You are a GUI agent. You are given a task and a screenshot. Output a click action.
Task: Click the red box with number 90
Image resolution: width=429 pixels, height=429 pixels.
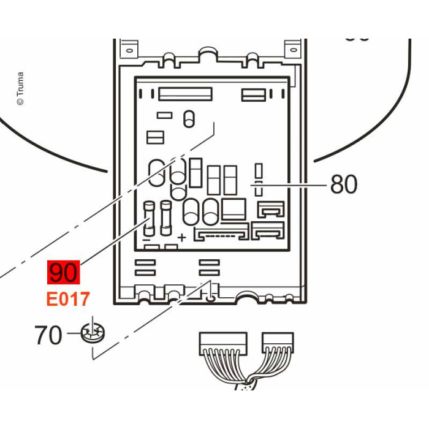point(64,272)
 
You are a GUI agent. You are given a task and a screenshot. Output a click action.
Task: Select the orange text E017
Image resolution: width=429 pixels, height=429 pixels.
point(69,300)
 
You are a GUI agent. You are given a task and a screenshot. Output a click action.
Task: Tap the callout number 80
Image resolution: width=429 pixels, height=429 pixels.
point(344,184)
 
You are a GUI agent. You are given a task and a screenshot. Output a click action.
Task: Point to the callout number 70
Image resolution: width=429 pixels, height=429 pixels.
point(48,336)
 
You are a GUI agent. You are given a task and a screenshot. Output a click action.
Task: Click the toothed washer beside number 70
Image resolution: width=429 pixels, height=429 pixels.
point(93,335)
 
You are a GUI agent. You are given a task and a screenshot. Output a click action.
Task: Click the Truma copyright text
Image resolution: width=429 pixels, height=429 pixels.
point(20,88)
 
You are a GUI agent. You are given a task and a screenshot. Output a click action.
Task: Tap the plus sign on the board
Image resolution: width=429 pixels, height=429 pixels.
point(181,237)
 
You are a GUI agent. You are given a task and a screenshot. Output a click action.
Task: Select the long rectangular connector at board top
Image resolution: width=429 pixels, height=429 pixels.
point(185,94)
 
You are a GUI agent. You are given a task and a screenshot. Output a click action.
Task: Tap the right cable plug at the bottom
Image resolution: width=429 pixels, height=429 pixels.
point(278,341)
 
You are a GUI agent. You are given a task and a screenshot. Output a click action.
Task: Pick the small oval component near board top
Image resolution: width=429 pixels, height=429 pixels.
point(189,118)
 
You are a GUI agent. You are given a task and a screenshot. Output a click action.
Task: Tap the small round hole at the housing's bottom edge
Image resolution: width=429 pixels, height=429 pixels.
point(211,298)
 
